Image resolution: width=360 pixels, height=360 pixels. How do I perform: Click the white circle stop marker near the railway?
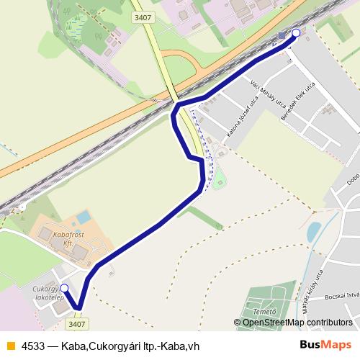(296, 32)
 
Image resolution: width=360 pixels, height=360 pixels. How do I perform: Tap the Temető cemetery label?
(266, 312)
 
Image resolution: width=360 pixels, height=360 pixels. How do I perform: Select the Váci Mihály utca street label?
(264, 96)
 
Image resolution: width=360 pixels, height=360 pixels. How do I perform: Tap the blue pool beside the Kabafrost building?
(84, 216)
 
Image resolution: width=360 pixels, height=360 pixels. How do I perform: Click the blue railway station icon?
(281, 35)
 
